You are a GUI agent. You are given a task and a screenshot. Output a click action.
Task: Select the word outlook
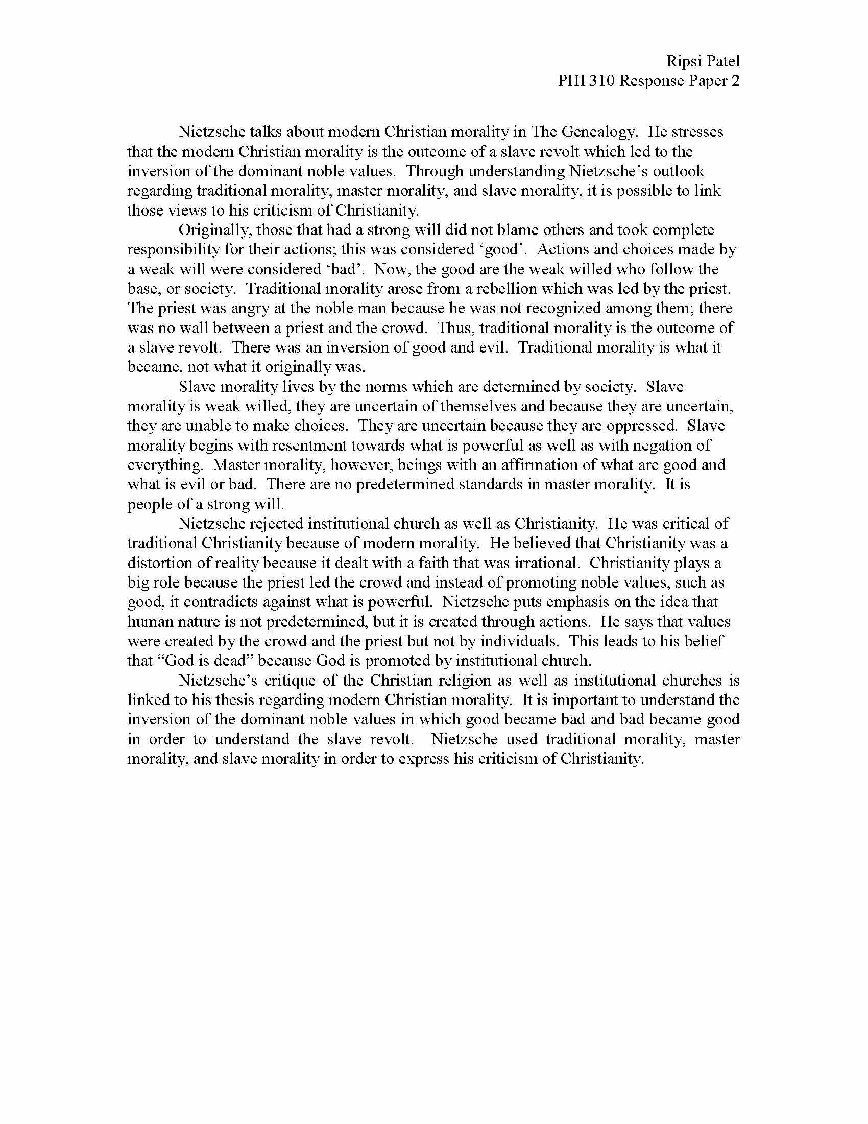(x=679, y=171)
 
